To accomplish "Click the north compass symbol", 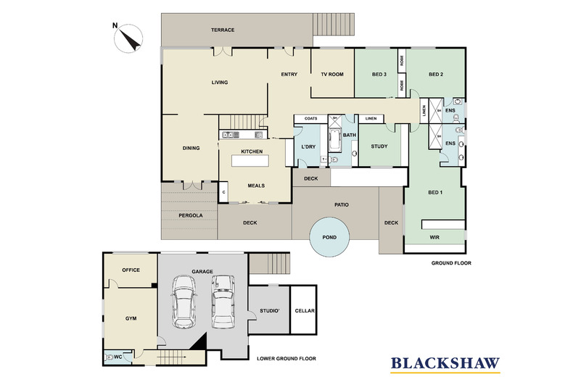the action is point(128,38).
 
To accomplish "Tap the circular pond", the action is point(329,237).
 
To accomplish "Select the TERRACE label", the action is point(223,30).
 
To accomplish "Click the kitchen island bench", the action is point(250,161).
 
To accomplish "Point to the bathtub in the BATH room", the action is point(334,139).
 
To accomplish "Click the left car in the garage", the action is point(184,302).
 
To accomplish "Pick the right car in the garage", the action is point(223,302).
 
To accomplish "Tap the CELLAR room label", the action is point(305,311).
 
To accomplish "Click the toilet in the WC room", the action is point(109,357).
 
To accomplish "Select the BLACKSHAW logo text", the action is point(445,363).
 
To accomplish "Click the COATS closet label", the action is point(310,118).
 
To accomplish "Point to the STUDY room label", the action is point(379,146).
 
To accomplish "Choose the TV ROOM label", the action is point(332,74).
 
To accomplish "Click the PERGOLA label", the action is point(190,215).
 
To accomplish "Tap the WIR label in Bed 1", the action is point(434,237).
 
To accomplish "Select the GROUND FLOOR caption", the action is point(451,263).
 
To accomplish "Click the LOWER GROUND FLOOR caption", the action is point(286,359).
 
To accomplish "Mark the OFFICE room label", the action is point(131,270).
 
